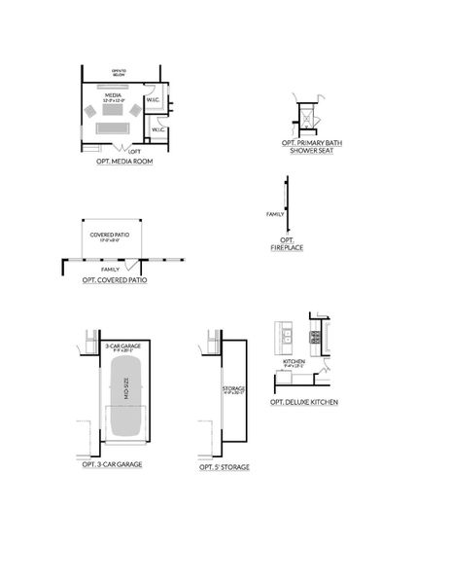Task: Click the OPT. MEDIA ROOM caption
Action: (124, 161)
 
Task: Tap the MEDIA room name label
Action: (114, 95)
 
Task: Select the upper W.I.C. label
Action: (153, 99)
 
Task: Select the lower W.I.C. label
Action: (159, 128)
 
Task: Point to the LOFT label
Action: (134, 151)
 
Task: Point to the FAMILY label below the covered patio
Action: (110, 269)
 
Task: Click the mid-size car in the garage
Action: (125, 395)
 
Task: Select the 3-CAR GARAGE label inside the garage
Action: (121, 347)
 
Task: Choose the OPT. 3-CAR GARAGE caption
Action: (113, 464)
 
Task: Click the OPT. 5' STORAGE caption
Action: (225, 467)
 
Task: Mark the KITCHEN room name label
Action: (295, 361)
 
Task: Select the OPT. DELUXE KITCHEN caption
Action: (304, 401)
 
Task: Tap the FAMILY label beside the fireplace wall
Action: (275, 213)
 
